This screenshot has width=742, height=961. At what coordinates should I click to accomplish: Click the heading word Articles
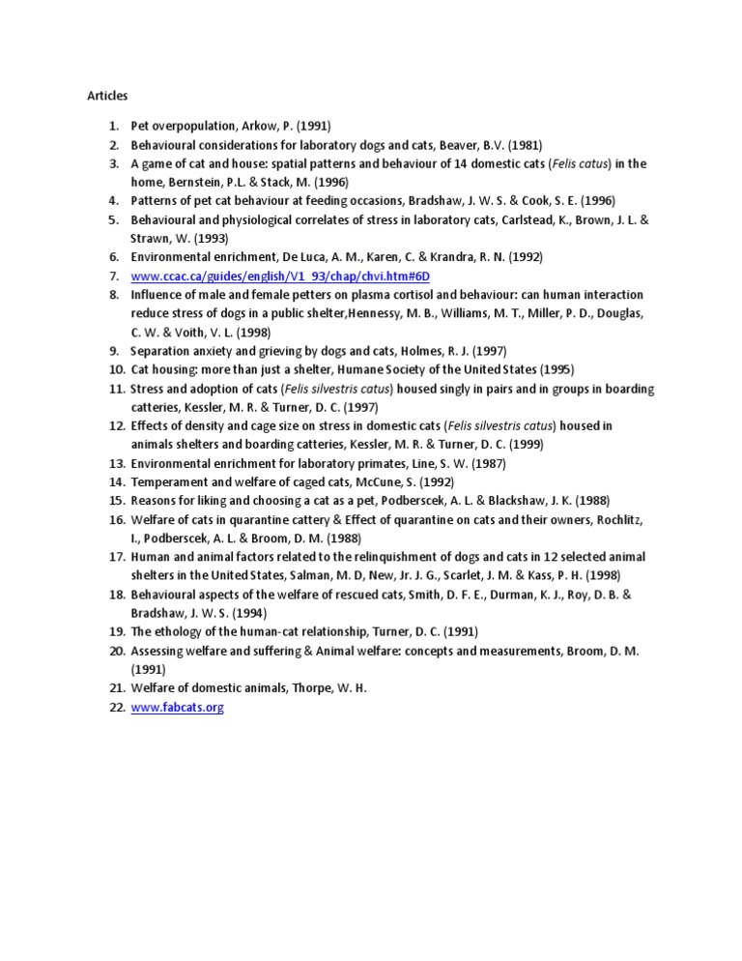pos(107,96)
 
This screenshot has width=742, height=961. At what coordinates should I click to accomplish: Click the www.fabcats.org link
pos(178,708)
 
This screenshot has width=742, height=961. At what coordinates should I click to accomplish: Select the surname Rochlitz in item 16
pos(614,519)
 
